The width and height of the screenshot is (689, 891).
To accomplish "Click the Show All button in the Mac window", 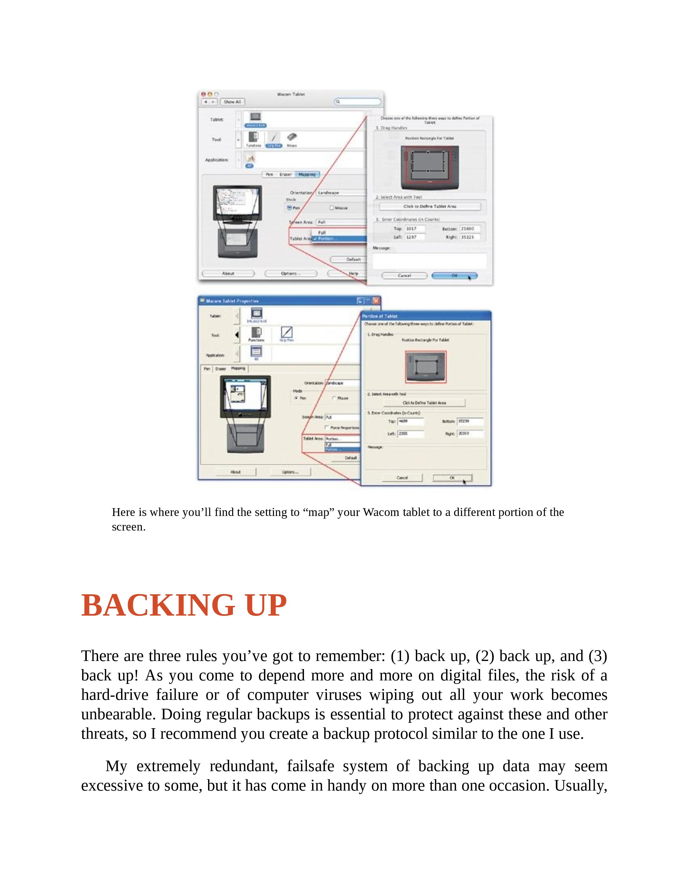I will [232, 102].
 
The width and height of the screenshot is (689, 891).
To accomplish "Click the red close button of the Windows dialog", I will [376, 301].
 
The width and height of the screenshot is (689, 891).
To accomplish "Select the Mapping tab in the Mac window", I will [307, 174].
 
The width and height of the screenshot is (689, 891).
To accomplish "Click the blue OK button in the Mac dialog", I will [454, 276].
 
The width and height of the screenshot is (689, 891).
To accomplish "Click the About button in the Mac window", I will [228, 273].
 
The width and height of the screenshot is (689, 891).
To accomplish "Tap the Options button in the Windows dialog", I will [290, 472].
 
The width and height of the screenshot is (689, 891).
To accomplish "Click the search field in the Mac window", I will [358, 102].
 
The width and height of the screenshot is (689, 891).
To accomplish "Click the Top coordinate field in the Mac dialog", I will [415, 229].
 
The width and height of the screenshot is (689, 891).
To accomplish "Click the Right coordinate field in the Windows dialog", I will [470, 434].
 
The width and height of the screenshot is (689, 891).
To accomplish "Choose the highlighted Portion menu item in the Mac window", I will [339, 239].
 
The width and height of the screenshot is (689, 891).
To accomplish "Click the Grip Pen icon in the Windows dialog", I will [286, 332].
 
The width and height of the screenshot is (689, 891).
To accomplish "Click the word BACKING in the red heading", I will [158, 605].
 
